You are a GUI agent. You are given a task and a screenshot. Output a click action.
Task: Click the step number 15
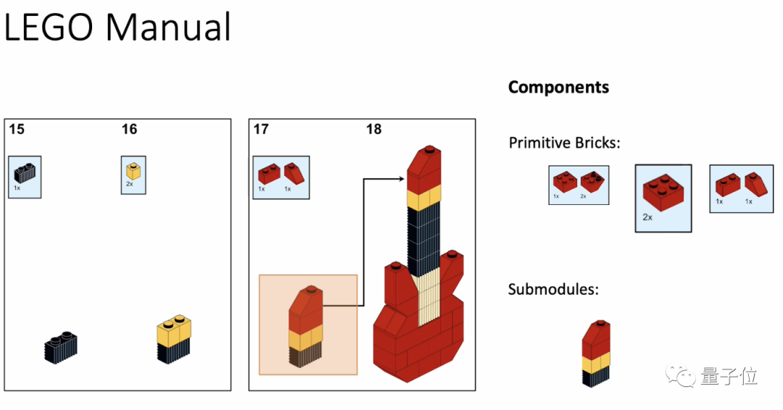(x=17, y=130)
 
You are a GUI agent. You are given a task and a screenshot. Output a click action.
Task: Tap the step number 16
(x=129, y=130)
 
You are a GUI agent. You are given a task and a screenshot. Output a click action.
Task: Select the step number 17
(x=261, y=130)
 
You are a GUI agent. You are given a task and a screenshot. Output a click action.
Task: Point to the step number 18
(x=373, y=130)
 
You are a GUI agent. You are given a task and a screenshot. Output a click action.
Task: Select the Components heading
(x=558, y=88)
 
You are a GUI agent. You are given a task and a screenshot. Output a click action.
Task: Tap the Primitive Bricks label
(x=564, y=143)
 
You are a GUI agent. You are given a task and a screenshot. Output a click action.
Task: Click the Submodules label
(x=553, y=290)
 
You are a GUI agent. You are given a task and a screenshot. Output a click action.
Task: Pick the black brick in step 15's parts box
(x=25, y=173)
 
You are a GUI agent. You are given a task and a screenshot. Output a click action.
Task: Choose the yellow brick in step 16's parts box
(x=132, y=171)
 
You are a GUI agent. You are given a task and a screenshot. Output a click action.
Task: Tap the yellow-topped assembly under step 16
(x=175, y=338)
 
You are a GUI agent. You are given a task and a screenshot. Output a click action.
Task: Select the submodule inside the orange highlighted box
(x=307, y=327)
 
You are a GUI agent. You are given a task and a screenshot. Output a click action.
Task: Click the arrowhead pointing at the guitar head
(x=400, y=179)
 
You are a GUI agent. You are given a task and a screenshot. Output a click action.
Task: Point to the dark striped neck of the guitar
(x=424, y=232)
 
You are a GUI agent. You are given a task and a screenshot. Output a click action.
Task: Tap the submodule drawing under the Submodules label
(x=596, y=353)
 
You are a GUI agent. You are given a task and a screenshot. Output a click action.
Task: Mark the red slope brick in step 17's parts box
(x=294, y=172)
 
